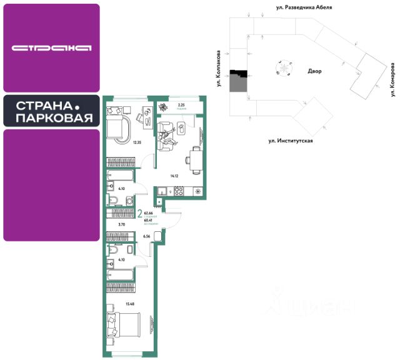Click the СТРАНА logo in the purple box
[51, 47]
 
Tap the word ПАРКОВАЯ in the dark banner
[54, 118]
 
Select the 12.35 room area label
[137, 142]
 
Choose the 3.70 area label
[122, 224]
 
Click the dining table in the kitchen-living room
[195, 158]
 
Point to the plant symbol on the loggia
[164, 106]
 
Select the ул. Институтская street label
[290, 141]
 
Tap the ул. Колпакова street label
[219, 68]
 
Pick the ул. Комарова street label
[393, 79]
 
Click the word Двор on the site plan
[314, 71]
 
